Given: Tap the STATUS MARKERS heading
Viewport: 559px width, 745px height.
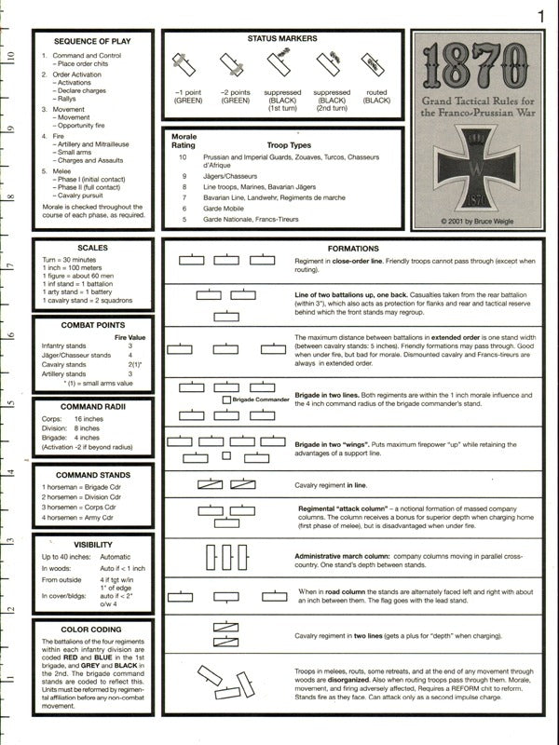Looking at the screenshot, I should pyautogui.click(x=282, y=38).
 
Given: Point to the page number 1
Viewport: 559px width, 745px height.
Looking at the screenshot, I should pyautogui.click(x=541, y=15).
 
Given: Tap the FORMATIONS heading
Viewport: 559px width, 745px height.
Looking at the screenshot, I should pyautogui.click(x=353, y=249).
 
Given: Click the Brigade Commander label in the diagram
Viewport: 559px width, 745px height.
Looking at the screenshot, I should pyautogui.click(x=264, y=399).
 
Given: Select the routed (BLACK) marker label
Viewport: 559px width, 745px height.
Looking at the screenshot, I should pyautogui.click(x=376, y=97).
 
